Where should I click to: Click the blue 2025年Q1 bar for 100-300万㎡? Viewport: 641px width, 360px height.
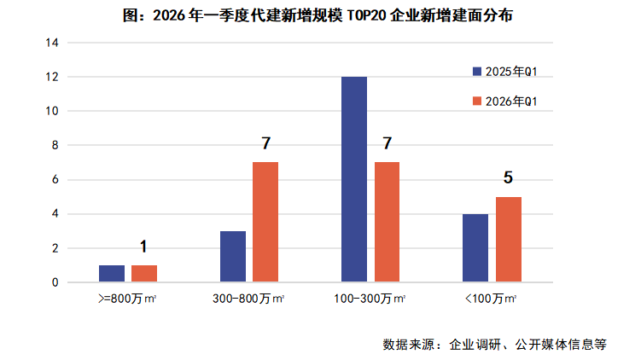pos(354,179)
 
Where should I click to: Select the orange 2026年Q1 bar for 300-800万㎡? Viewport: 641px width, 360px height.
pos(265,222)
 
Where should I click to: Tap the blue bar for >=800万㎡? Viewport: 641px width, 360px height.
pos(112,273)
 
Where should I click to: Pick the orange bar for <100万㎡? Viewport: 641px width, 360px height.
pos(509,239)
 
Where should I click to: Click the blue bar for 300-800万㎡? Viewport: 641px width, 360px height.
pos(233,256)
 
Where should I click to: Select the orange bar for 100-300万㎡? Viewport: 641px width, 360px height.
pos(387,222)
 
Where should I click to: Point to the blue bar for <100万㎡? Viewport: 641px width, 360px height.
pos(475,247)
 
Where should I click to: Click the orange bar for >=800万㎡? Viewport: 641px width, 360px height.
pos(144,273)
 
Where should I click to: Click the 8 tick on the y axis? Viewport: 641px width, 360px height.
pos(54,145)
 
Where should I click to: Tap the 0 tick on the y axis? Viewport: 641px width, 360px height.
pos(54,282)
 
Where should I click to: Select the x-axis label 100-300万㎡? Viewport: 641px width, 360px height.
pos(370,299)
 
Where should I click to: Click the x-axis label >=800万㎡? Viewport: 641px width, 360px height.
pos(128,299)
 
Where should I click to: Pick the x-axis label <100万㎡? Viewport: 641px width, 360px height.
pos(492,299)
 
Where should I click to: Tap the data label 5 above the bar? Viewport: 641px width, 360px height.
pos(508,178)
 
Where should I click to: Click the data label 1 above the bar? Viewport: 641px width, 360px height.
pos(143,247)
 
